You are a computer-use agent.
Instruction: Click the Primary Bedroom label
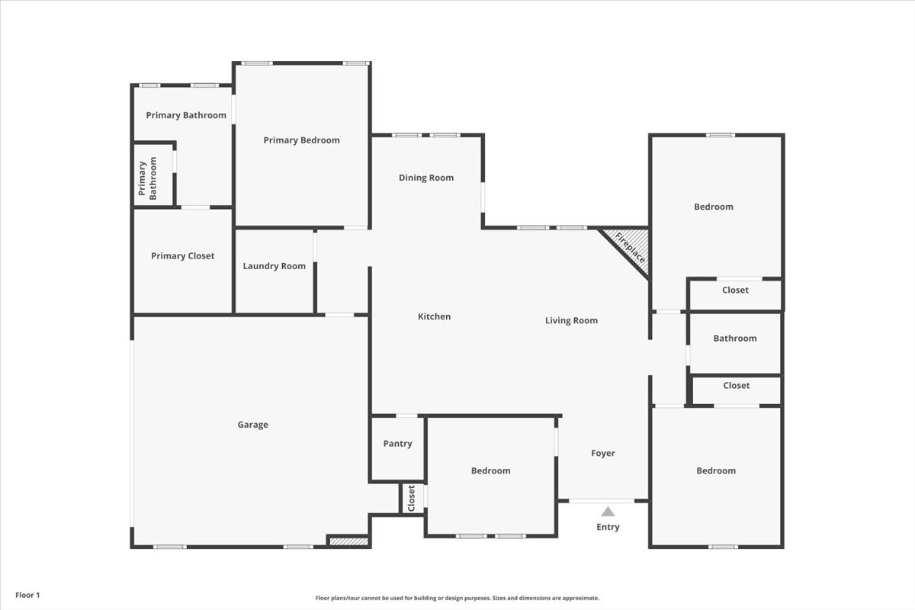coord(301,140)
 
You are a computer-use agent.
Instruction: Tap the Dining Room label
coord(426,178)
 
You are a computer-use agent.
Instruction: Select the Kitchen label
coord(434,316)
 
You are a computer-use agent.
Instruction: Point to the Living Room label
coord(571,320)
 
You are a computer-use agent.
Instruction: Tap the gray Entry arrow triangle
coord(608,512)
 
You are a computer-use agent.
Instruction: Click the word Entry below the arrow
coord(608,527)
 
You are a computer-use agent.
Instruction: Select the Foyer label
coord(603,453)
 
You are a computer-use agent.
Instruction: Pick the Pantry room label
coord(397,444)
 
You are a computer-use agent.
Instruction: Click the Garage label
coord(253,425)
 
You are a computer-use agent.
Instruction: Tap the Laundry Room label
coord(274,266)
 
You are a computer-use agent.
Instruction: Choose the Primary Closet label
coord(182,255)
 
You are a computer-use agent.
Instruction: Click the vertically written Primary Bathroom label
coord(147,178)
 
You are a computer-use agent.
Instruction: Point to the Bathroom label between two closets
coord(735,339)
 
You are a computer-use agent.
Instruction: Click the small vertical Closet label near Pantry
coord(411,498)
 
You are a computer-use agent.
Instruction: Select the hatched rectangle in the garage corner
coord(349,541)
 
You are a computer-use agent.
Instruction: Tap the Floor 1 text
coord(27,595)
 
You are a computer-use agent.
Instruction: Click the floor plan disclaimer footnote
coord(457,598)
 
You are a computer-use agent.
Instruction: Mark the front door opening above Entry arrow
coord(602,500)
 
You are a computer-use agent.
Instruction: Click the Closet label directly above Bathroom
coord(735,290)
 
